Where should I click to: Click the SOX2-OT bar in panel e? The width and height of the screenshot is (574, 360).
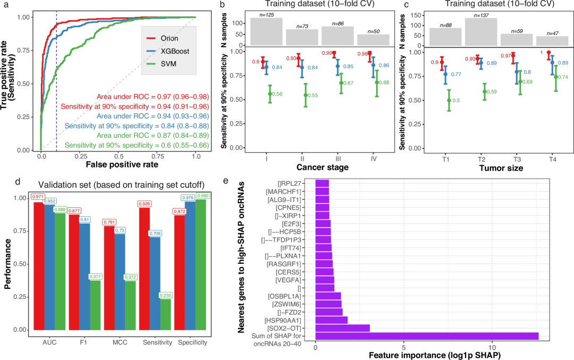[x=342, y=328]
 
